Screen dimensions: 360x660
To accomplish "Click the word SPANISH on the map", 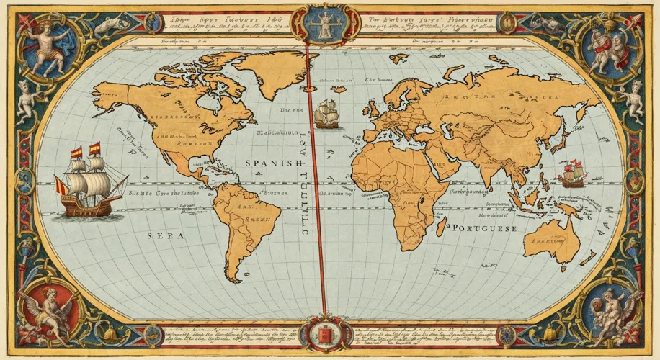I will coord(272,163).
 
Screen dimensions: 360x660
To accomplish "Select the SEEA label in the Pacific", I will coord(166,235).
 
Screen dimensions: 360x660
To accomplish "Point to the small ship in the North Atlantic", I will coord(326,114).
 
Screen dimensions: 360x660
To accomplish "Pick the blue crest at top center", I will coord(321,22).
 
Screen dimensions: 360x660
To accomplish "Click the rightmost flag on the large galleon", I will coord(94,149).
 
